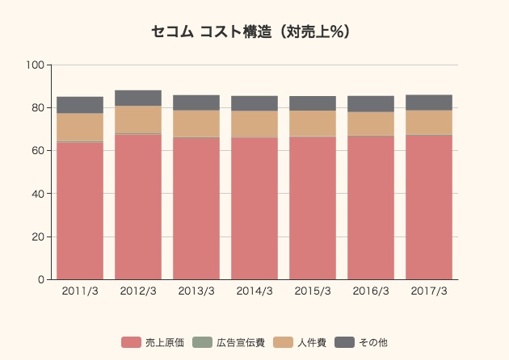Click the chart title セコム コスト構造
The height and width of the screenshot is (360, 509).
pos(254,32)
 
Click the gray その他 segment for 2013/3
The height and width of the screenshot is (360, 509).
pos(196,103)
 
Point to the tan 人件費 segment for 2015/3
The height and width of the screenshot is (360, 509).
pos(313,123)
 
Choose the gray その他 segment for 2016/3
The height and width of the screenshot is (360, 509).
pos(371,104)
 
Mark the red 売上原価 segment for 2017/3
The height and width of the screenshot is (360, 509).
pos(429,207)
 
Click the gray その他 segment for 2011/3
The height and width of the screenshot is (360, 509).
pos(80,105)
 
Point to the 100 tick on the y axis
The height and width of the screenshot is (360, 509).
pos(37,65)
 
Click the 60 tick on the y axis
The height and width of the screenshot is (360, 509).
pos(40,151)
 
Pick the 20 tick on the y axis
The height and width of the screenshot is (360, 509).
pos(40,237)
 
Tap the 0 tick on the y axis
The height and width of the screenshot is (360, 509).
pos(42,280)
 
